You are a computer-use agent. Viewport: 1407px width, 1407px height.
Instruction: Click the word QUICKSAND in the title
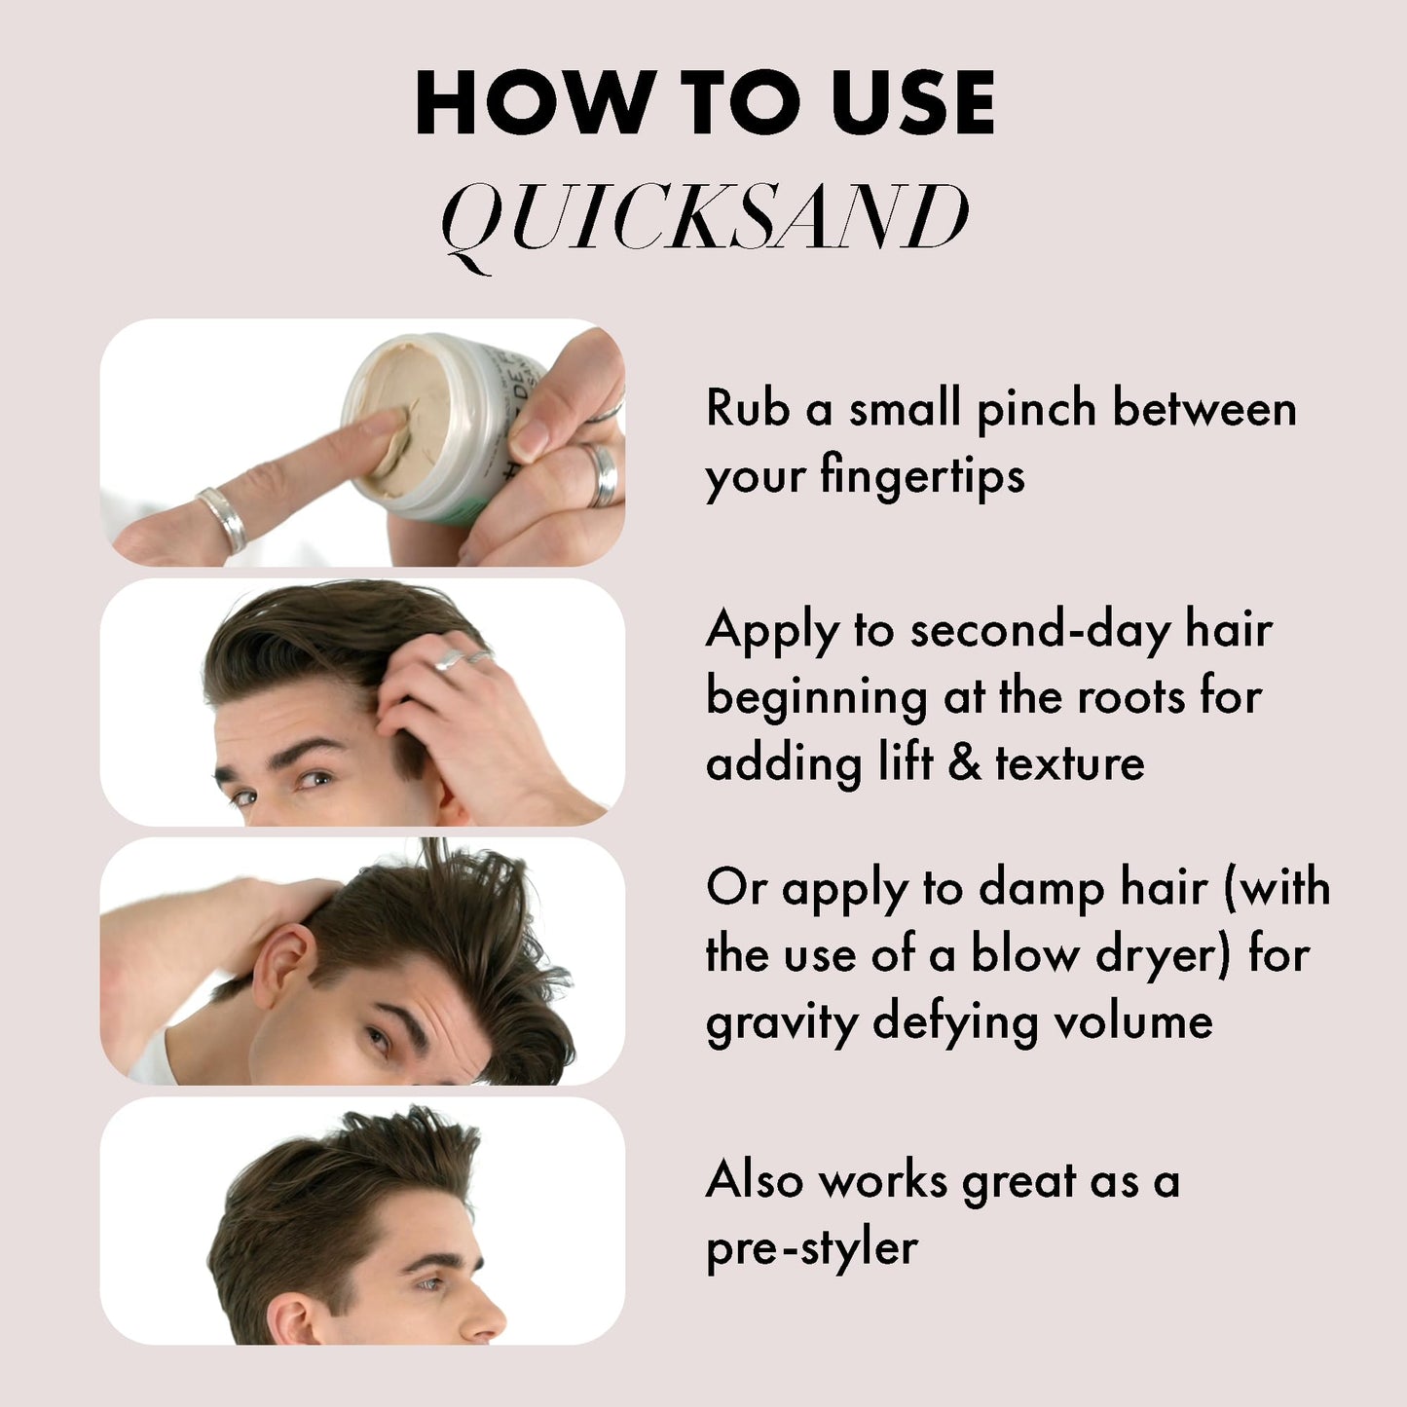(705, 218)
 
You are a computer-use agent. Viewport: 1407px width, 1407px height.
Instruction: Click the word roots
(1130, 696)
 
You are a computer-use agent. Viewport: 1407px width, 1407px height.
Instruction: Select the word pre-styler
(811, 1248)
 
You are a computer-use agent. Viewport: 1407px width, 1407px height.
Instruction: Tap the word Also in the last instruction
(755, 1181)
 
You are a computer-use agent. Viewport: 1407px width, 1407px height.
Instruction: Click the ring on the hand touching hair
(451, 660)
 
